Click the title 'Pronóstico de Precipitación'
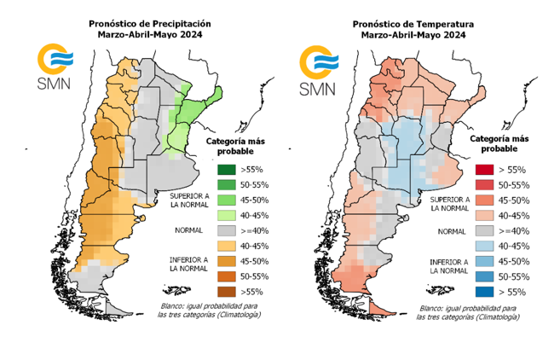click(149, 23)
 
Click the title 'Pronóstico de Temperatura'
click(413, 23)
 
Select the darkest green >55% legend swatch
click(226, 169)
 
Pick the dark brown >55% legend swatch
click(226, 292)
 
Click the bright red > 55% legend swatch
click(484, 170)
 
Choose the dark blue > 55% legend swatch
click(484, 292)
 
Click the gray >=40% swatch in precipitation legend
click(226, 230)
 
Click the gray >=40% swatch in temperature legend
click(484, 230)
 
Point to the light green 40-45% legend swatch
click(226, 215)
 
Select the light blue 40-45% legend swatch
click(484, 246)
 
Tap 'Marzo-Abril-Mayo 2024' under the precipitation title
click(149, 35)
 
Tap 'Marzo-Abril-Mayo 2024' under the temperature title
click(413, 35)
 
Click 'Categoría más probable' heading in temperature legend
click(501, 142)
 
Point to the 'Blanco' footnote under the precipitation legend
click(209, 310)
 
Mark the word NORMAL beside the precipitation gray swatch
click(187, 230)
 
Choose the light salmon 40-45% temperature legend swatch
click(484, 215)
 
